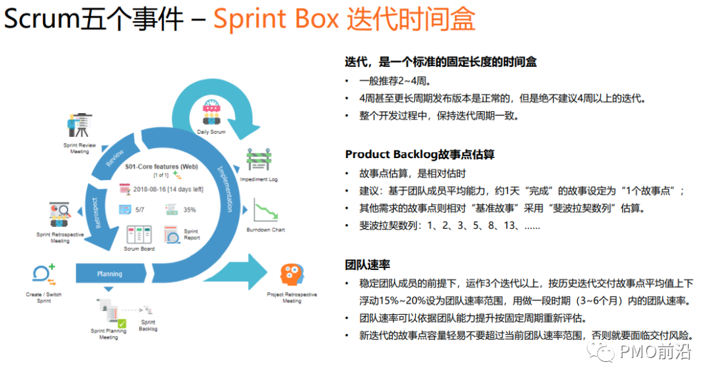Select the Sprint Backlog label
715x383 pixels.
point(148,325)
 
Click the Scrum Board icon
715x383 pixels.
point(139,235)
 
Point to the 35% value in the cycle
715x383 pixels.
point(189,210)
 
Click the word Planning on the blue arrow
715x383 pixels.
point(109,274)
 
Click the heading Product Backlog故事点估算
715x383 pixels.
point(420,154)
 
